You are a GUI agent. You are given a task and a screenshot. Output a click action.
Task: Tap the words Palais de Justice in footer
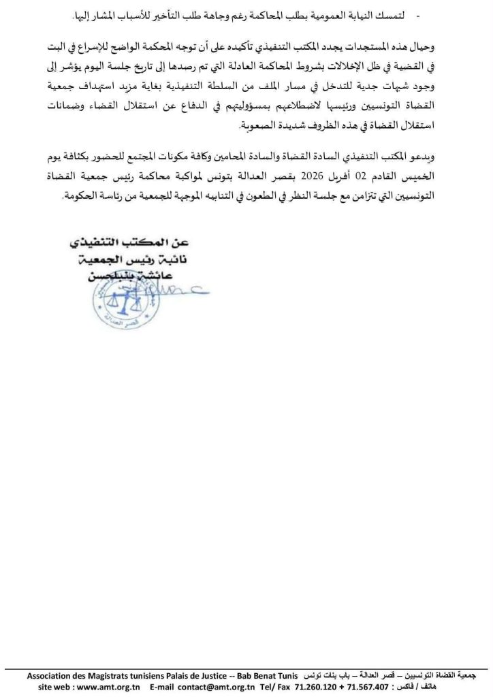pyautogui.click(x=208, y=677)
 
